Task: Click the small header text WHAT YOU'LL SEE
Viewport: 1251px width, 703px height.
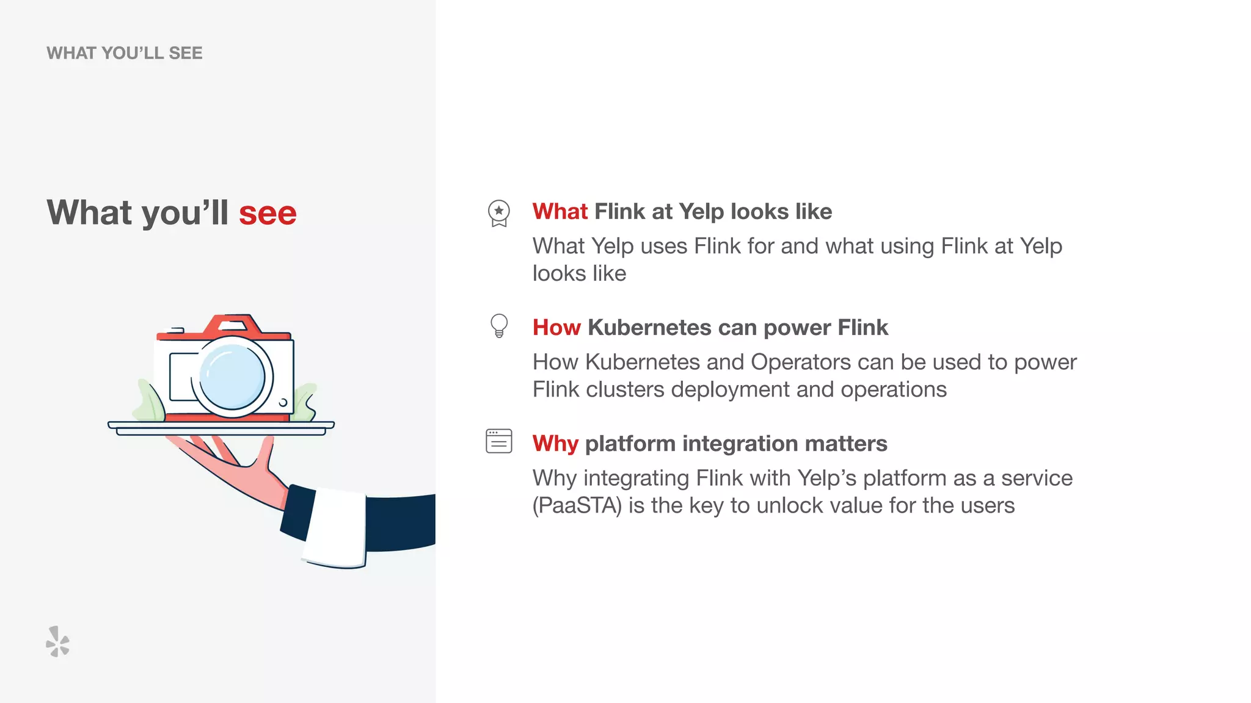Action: click(124, 53)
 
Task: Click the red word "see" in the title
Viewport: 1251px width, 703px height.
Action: click(268, 213)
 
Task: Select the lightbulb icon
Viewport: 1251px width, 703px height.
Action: click(499, 325)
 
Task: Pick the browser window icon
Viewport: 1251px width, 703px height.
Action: click(499, 441)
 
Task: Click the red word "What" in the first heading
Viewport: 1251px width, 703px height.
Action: click(560, 212)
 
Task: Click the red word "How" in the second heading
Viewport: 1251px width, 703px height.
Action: click(556, 328)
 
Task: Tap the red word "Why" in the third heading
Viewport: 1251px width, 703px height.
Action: click(555, 444)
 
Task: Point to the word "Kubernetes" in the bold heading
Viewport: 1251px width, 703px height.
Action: click(649, 328)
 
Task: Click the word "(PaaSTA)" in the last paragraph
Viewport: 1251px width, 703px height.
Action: click(577, 506)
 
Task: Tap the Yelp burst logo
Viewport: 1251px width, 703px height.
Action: click(58, 641)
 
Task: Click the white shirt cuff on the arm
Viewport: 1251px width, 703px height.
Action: click(335, 528)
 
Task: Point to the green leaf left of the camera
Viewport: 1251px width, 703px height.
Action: click(150, 402)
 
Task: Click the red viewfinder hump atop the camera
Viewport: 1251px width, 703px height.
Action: click(232, 323)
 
